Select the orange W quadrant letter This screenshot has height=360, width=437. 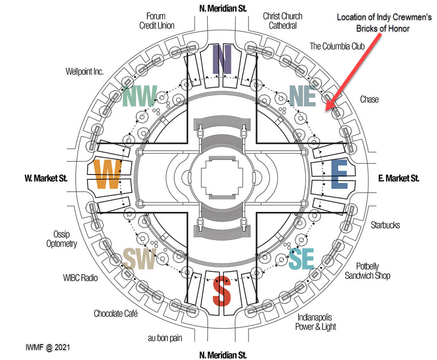[x=107, y=174]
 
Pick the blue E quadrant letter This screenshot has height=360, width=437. [x=339, y=174]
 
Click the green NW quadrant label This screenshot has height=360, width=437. [x=140, y=96]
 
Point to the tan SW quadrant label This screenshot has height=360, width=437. [x=139, y=259]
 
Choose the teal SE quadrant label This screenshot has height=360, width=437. [x=301, y=260]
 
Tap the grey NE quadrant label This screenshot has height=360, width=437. [x=303, y=96]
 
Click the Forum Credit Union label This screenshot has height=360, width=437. [x=157, y=21]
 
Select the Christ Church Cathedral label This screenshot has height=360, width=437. [x=282, y=21]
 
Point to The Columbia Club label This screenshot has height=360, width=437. [x=337, y=46]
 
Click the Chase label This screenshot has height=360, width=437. [x=369, y=99]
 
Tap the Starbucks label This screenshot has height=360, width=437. [x=385, y=225]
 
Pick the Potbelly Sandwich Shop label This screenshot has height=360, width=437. [x=367, y=271]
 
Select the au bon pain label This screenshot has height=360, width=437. [x=166, y=338]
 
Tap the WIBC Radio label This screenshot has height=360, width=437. [x=80, y=278]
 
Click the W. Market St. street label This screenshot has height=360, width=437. [x=46, y=178]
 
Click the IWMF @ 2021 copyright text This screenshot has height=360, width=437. [x=47, y=347]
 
